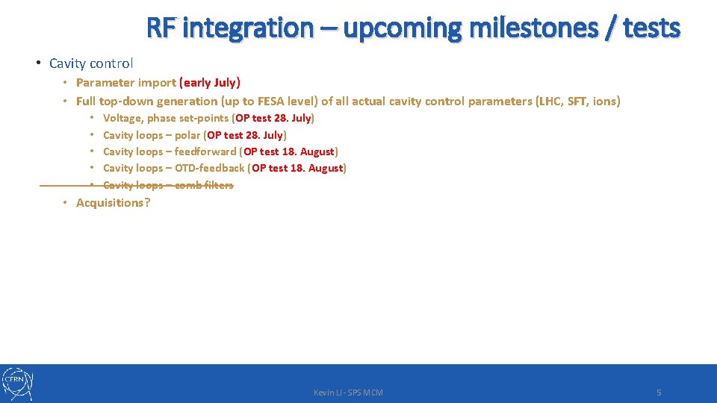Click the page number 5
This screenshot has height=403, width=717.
tap(658, 393)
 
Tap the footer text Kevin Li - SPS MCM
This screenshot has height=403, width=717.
tap(348, 393)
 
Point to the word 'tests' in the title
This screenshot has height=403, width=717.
tap(651, 28)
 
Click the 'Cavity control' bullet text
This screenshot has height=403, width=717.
tap(91, 63)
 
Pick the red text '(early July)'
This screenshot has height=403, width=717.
tap(210, 83)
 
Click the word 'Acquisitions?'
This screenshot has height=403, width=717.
tap(113, 202)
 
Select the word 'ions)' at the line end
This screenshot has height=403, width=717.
tap(606, 101)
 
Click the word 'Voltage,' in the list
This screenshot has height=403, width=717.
tap(123, 118)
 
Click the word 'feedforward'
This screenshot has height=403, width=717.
tap(205, 151)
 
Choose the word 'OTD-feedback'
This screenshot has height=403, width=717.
tap(209, 168)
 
